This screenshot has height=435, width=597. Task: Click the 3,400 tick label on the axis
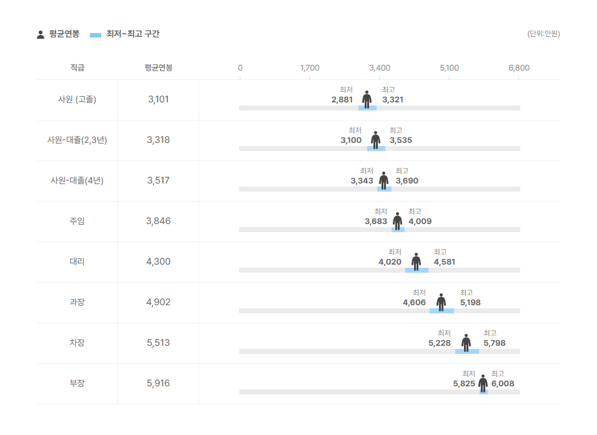pyautogui.click(x=380, y=68)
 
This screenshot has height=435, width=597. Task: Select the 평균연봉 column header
pyautogui.click(x=158, y=68)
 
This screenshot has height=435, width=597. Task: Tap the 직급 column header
pyautogui.click(x=77, y=68)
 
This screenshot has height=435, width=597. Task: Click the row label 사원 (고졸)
pyautogui.click(x=77, y=99)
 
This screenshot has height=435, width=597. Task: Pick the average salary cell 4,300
pyautogui.click(x=158, y=261)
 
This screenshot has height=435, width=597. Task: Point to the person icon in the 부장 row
pyautogui.click(x=483, y=383)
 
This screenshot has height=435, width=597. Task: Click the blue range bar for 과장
pyautogui.click(x=442, y=311)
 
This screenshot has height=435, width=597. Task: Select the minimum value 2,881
pyautogui.click(x=342, y=100)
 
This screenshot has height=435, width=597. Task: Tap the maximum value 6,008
pyautogui.click(x=503, y=384)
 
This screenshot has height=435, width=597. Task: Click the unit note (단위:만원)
pyautogui.click(x=543, y=34)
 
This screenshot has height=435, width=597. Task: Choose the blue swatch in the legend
pyautogui.click(x=96, y=35)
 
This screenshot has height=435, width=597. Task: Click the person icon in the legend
pyautogui.click(x=41, y=34)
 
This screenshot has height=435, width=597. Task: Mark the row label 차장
pyautogui.click(x=77, y=343)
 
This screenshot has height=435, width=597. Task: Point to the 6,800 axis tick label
pyautogui.click(x=519, y=68)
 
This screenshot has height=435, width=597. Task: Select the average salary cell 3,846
pyautogui.click(x=158, y=221)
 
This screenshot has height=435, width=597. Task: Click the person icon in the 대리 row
pyautogui.click(x=417, y=261)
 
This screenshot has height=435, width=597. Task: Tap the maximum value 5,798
pyautogui.click(x=495, y=343)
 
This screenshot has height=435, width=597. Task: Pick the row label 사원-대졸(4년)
pyautogui.click(x=77, y=180)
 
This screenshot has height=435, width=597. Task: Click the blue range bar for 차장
pyautogui.click(x=467, y=351)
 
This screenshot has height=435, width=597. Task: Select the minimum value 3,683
pyautogui.click(x=376, y=222)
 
